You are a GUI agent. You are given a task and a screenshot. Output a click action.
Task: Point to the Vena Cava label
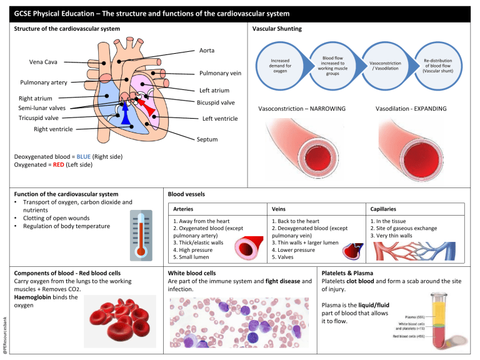coord(44,62)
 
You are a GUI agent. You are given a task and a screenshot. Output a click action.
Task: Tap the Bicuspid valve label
coord(216,102)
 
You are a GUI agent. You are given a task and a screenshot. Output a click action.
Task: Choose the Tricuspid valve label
coord(39,117)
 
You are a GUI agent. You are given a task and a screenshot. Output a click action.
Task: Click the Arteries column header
coord(184,209)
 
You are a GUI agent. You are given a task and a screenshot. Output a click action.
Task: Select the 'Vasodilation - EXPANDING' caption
coord(411,109)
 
